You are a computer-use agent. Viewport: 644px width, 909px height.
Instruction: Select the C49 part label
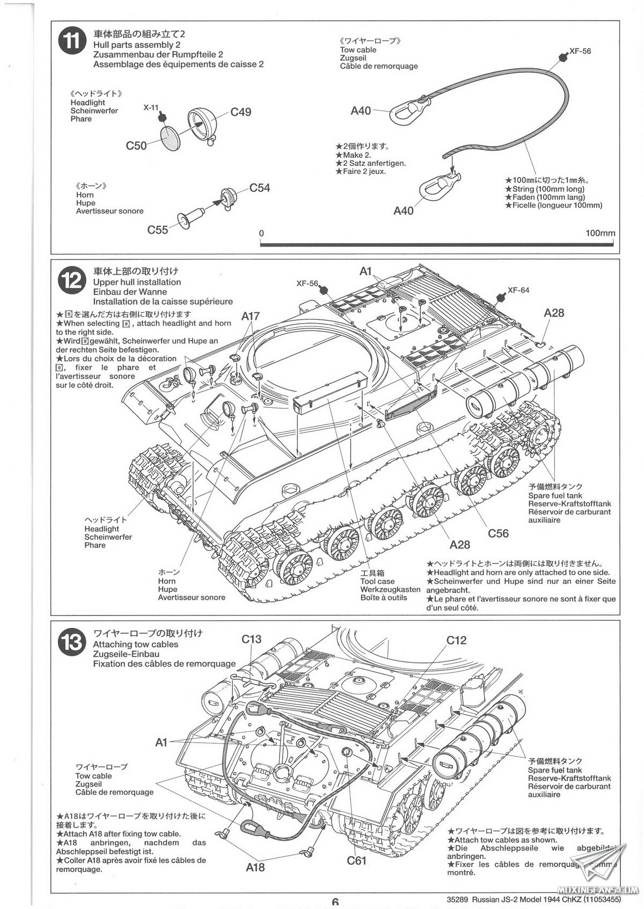241,112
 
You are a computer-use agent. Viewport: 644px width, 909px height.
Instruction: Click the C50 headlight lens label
136,145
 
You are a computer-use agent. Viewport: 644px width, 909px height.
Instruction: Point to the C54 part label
260,188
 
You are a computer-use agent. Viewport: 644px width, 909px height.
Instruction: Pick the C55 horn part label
158,230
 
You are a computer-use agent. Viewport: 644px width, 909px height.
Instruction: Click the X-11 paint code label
151,107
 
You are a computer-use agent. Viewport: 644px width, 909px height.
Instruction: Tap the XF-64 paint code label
518,290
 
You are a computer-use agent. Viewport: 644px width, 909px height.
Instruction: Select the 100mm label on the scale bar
600,233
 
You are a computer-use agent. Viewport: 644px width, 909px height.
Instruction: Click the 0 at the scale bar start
261,233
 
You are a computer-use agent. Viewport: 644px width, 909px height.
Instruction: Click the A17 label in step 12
250,316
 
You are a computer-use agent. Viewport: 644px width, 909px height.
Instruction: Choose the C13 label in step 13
251,639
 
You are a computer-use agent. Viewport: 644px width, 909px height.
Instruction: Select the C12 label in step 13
456,640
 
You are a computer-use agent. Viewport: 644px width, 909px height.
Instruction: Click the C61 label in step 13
356,861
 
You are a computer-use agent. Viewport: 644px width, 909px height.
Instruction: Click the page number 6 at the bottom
335,903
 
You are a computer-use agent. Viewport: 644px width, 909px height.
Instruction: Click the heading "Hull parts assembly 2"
136,45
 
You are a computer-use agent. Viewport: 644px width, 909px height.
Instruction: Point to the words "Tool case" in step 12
377,581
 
